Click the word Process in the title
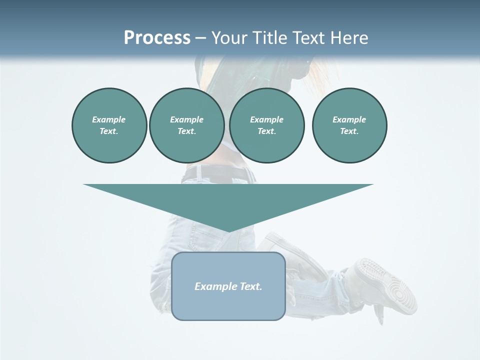pos(157,38)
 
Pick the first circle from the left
pos(109,125)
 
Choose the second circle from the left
pos(186,125)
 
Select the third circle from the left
pos(266,125)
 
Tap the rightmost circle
pos(349,125)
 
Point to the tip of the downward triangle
pos(228,231)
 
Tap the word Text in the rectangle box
pos(251,286)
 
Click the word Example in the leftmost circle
pos(109,119)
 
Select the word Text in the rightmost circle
pos(349,131)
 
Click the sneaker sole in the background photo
pos(395,285)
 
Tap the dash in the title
pos(200,38)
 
